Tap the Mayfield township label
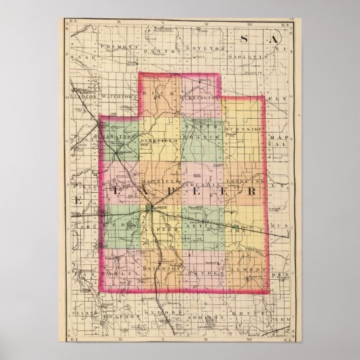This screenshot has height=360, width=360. pyautogui.click(x=161, y=183)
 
